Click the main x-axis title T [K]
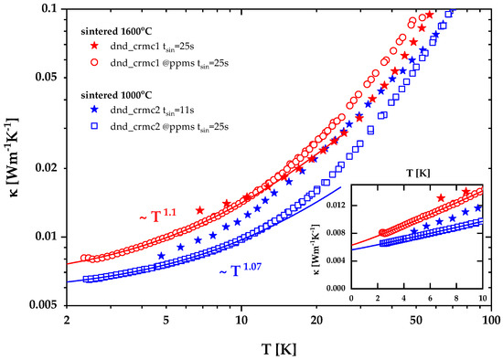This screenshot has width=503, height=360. point(279,349)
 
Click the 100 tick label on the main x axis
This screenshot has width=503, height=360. point(491,320)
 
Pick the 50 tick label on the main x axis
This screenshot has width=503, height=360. point(416,320)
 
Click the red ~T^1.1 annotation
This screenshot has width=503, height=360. point(157,216)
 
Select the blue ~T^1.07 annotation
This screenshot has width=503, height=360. point(240,270)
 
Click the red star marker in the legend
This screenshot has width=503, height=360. point(94,46)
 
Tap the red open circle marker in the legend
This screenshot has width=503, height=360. point(94,62)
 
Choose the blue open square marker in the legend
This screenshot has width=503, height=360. point(94,126)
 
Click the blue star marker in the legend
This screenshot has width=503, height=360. point(94,110)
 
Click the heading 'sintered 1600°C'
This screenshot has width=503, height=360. point(116,31)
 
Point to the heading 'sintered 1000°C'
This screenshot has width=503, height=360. point(116,95)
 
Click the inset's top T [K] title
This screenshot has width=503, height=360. point(418,174)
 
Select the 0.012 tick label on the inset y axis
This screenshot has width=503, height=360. point(337,206)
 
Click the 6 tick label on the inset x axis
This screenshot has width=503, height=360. point(430,298)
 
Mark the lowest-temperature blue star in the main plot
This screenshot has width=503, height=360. point(161,256)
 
